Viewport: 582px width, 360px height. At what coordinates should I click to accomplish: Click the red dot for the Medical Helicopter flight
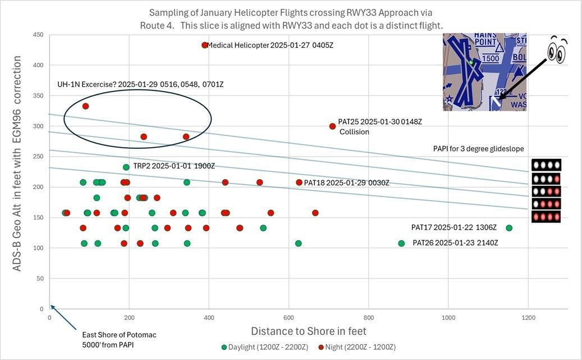[x=205, y=45]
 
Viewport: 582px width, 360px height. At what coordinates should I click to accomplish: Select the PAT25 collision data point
[x=332, y=126]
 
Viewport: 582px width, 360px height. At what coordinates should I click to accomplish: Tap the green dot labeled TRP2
[x=126, y=167]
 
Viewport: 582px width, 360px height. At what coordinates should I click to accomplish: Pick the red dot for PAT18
[x=299, y=183]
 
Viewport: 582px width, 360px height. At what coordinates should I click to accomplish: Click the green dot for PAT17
[x=509, y=227]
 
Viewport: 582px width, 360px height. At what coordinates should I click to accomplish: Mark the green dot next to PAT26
[x=401, y=243]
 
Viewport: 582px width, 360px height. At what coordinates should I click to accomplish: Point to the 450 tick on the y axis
[x=38, y=35]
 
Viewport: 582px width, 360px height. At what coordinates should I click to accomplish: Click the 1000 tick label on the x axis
[x=448, y=317]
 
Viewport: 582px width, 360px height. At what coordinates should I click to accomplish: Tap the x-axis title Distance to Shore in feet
[x=309, y=331]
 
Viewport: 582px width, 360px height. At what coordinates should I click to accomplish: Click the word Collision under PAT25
[x=354, y=132]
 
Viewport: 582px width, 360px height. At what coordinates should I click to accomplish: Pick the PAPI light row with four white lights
[x=546, y=165]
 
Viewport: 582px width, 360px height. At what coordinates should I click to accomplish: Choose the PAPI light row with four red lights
[x=546, y=217]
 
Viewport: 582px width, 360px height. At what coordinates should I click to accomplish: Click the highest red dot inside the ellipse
[x=85, y=106]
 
